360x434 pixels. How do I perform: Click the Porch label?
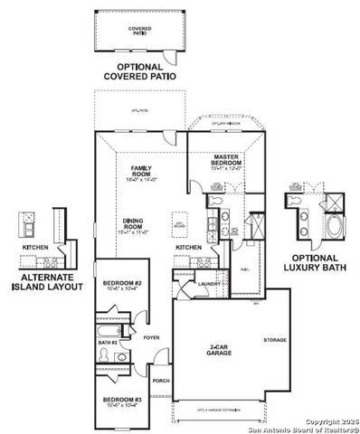(161, 381)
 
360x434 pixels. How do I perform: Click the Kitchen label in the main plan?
(188, 246)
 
